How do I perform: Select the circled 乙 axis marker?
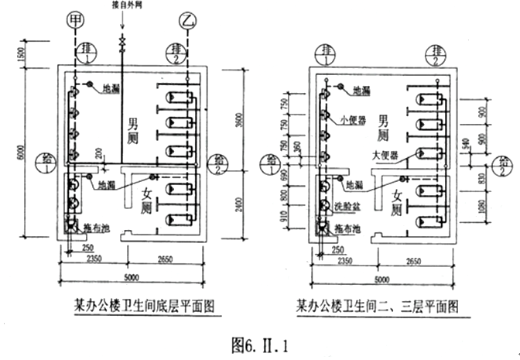186,17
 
